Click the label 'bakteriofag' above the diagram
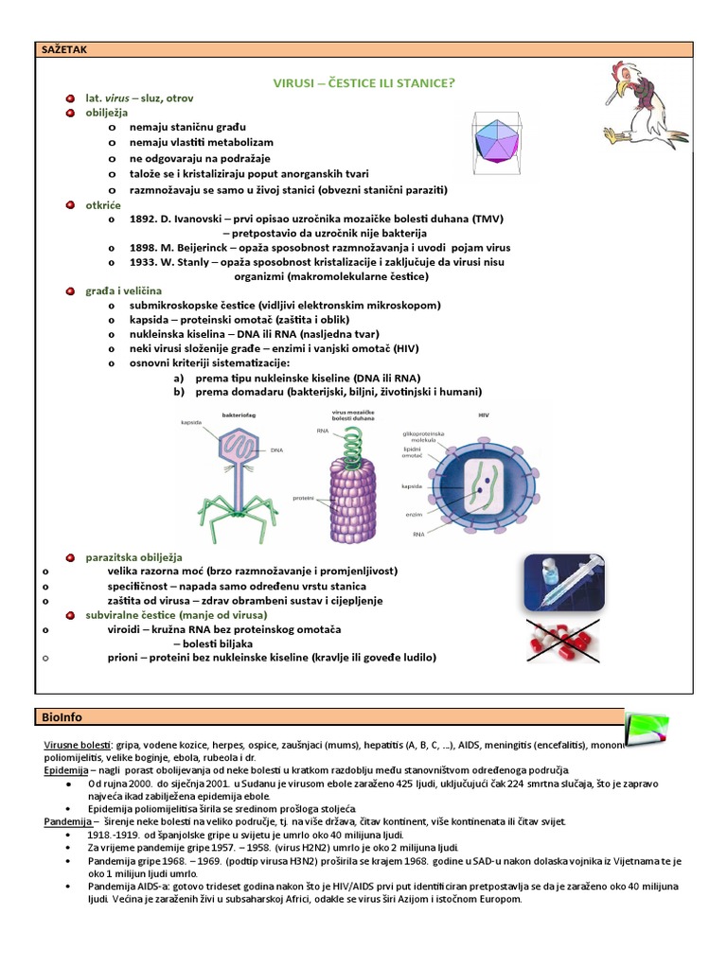click(239, 414)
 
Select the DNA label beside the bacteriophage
click(277, 451)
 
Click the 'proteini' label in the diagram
click(304, 496)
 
